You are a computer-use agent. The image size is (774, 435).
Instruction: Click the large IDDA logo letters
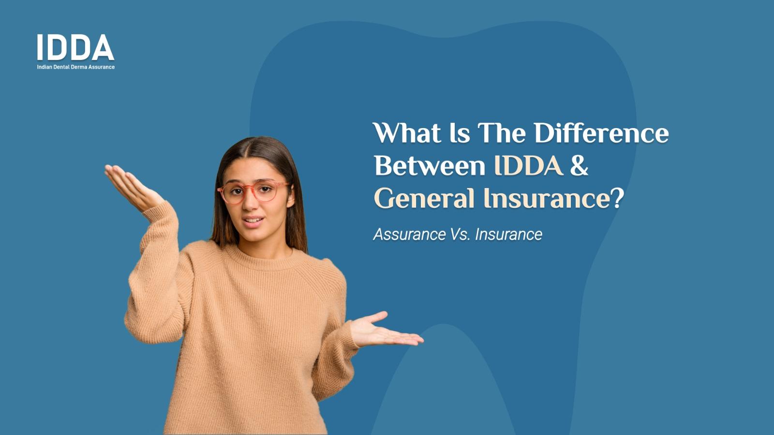click(x=75, y=47)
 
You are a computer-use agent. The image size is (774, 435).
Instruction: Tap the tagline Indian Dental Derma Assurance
click(x=76, y=67)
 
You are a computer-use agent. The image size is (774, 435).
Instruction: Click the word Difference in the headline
click(x=601, y=133)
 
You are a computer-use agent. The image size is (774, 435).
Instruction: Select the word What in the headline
click(x=407, y=133)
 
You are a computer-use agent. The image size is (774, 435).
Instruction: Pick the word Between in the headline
click(x=430, y=166)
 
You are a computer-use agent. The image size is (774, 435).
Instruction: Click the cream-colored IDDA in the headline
click(x=529, y=166)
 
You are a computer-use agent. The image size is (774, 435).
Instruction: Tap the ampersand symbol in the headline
click(x=579, y=166)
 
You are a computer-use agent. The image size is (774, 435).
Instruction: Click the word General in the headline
click(x=424, y=198)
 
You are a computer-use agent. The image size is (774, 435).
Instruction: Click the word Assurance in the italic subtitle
click(x=409, y=234)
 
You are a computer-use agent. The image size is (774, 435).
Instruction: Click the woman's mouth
click(x=253, y=221)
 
